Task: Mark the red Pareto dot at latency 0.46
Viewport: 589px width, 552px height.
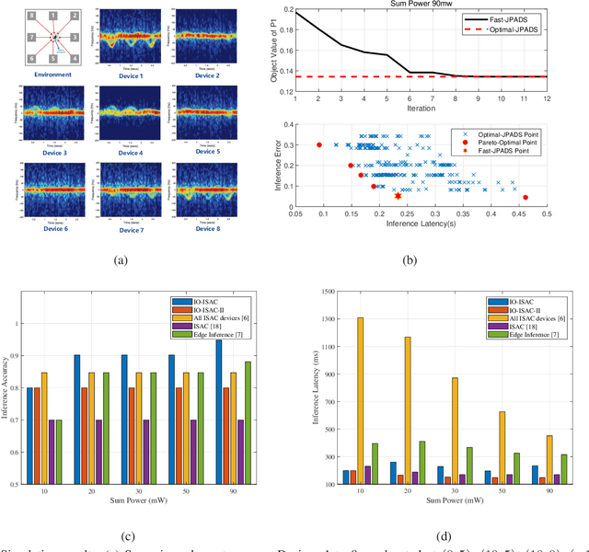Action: pos(525,197)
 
